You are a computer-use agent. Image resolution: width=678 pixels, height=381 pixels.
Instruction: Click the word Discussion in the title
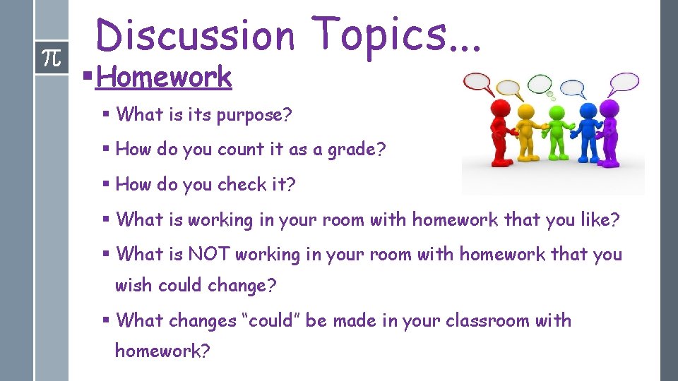coord(195,35)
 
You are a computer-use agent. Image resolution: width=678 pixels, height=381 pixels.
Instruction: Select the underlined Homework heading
coord(164,77)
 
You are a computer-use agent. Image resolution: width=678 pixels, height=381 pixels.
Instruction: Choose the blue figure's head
coord(587,111)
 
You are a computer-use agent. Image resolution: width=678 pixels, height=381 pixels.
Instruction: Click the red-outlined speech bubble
coord(477,83)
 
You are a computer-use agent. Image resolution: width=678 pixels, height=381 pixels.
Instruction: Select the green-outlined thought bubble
coord(540,83)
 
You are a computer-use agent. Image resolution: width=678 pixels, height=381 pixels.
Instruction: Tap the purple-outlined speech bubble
coord(624,82)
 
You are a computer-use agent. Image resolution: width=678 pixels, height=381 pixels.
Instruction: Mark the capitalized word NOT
coord(209,254)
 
